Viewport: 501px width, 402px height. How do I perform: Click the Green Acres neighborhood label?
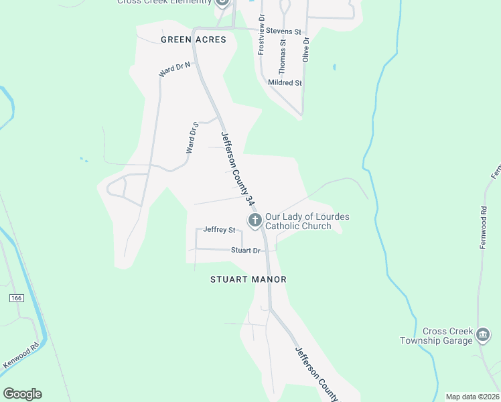click(194, 40)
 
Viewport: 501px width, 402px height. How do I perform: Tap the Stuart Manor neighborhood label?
click(248, 279)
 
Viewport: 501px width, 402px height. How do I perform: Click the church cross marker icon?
click(255, 220)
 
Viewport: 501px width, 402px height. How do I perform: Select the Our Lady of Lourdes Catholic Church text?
click(307, 221)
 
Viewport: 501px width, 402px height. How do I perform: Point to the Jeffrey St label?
click(220, 230)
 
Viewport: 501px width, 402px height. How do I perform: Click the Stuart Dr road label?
click(245, 251)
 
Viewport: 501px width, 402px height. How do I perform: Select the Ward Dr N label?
click(174, 68)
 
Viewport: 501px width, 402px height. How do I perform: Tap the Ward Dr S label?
click(192, 137)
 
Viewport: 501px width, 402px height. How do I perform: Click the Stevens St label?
click(283, 31)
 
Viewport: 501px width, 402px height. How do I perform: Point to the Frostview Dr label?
click(261, 35)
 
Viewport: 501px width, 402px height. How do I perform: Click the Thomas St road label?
click(283, 56)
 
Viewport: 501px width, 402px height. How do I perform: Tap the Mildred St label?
click(285, 83)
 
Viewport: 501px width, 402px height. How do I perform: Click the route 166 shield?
click(16, 297)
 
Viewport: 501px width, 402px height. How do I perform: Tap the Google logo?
click(22, 393)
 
